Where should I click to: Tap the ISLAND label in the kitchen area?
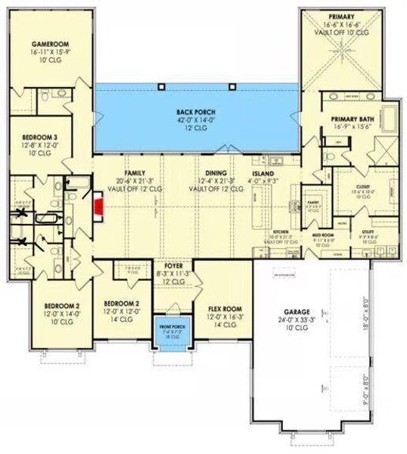click(x=263, y=173)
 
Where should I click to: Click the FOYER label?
click(x=174, y=266)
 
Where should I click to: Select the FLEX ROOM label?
click(x=225, y=309)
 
